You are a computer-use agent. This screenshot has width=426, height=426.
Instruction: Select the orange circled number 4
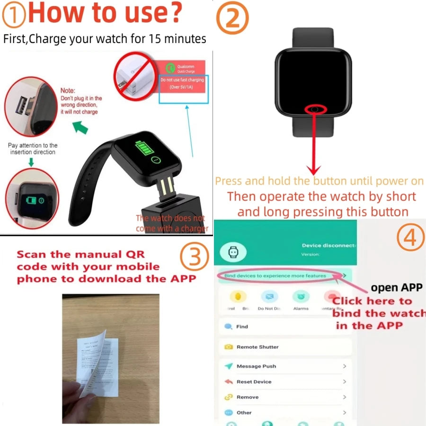point(410,238)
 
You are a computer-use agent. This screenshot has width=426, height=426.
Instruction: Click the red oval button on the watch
point(316,110)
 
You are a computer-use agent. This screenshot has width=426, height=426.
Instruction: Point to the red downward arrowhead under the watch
point(314,169)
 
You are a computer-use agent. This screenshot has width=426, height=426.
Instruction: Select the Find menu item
point(241,327)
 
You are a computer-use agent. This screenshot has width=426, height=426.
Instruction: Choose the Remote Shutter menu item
point(257,347)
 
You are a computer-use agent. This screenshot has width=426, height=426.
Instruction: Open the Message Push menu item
point(256,366)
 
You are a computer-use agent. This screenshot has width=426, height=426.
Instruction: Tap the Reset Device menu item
point(254,382)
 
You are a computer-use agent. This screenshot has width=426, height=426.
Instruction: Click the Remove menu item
point(247,397)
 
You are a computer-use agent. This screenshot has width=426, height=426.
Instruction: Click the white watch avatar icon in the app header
point(232,252)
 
